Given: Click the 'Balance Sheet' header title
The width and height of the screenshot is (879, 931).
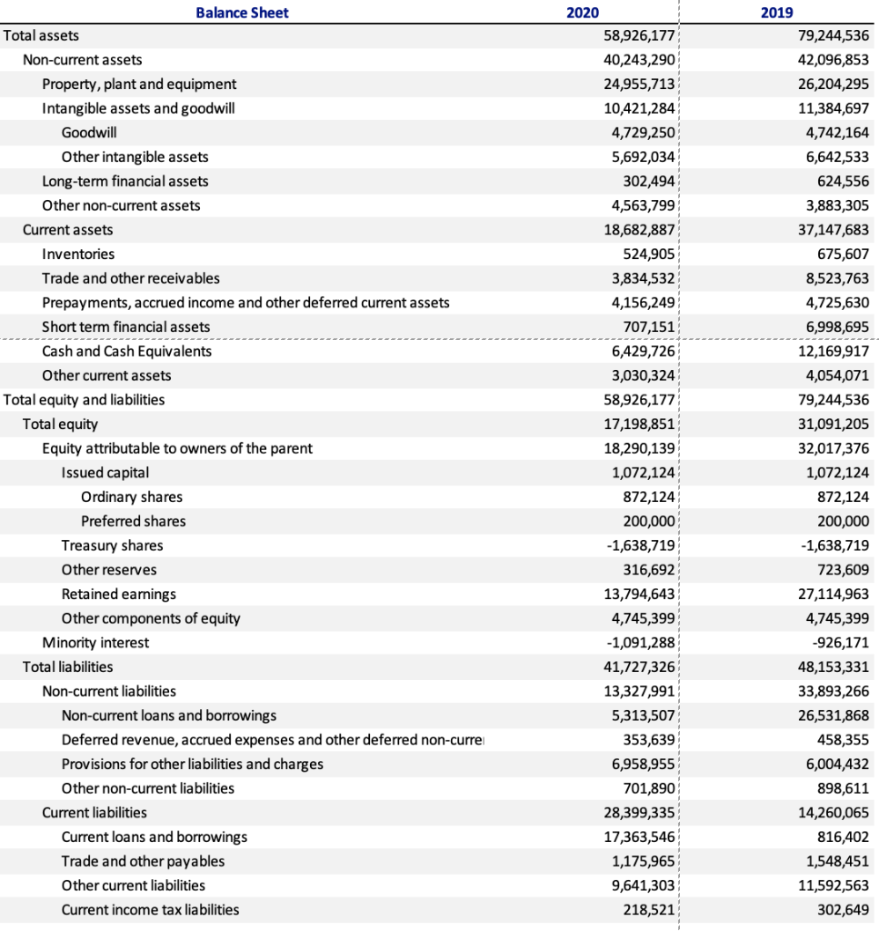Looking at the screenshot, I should coord(242,12).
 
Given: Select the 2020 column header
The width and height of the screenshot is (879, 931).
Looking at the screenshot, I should coord(582,12).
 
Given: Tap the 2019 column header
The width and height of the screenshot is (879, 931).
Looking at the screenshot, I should coord(775,12).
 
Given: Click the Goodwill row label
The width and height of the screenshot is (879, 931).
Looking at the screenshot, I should coord(88,133).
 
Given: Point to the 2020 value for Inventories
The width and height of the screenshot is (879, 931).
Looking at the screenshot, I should coord(648,254).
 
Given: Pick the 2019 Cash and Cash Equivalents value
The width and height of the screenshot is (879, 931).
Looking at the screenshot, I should coord(832,351).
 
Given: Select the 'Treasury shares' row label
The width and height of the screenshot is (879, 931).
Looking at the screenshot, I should coord(112,546).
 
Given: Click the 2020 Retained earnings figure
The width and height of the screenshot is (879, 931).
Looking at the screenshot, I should coord(640,594).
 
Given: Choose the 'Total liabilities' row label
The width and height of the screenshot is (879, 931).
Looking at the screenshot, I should coord(68,666).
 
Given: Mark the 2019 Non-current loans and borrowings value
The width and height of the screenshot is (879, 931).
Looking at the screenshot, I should coord(832,716).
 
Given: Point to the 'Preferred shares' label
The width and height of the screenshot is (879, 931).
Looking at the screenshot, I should coord(133,521).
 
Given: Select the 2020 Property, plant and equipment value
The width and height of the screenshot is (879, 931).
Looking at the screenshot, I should coord(640,84).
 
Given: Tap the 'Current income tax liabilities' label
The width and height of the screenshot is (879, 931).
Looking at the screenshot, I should coord(150,909).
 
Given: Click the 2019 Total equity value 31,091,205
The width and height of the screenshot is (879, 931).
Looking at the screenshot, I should coord(832,424).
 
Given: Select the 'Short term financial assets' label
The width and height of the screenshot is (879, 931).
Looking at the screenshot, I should coord(125,326).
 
